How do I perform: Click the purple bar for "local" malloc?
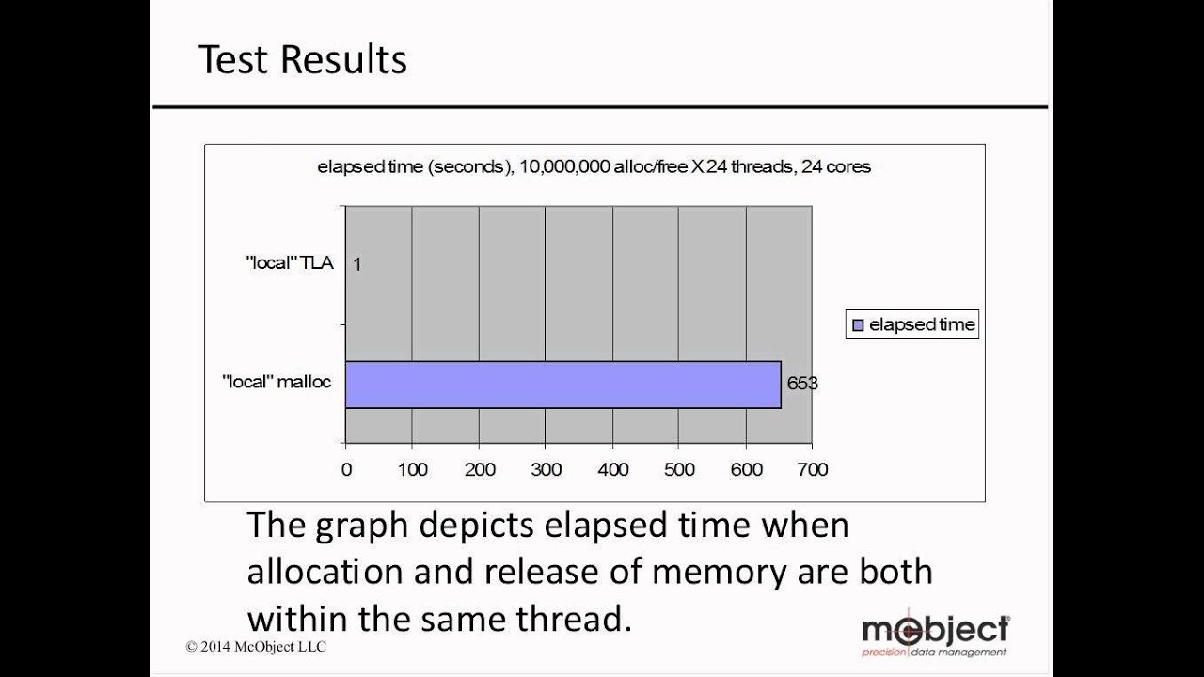pos(562,385)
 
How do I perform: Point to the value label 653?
pos(802,384)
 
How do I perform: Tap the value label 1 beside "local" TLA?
pos(357,264)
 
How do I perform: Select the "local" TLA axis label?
pos(290,263)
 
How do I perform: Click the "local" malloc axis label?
pos(277,383)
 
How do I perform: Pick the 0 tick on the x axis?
pos(346,469)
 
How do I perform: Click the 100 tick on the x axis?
pos(412,469)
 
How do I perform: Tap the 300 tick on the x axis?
pos(546,469)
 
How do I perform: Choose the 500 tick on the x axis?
pos(679,469)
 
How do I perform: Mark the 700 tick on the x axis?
pos(812,469)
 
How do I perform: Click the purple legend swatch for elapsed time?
pos(857,325)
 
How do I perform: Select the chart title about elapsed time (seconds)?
pos(594,167)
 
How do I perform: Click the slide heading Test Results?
pos(302,60)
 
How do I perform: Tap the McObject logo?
pos(935,632)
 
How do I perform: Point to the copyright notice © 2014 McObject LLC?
pos(256,647)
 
